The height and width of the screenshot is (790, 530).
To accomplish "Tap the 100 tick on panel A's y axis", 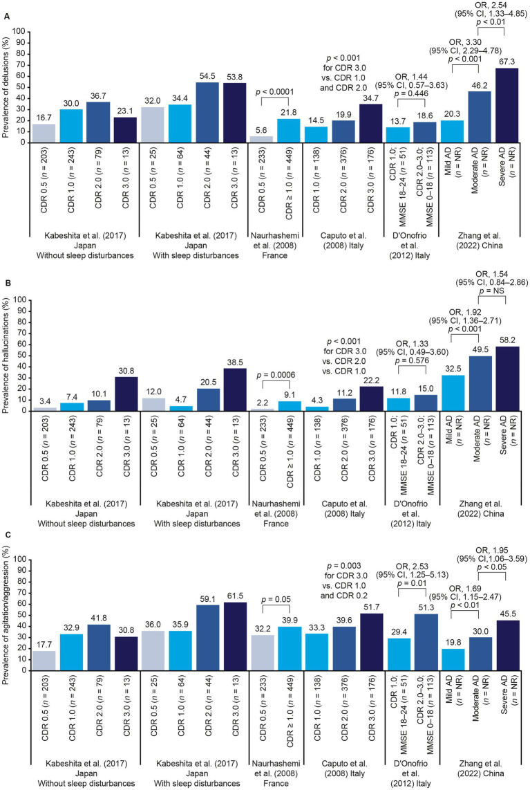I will pos(26,32).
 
